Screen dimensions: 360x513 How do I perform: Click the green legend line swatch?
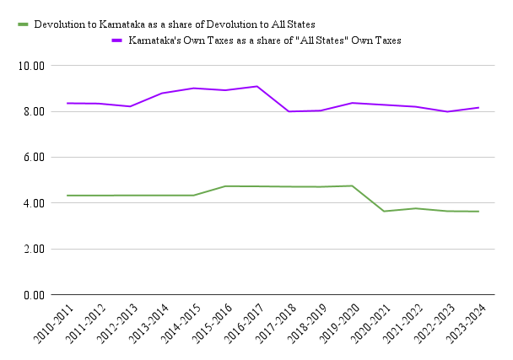tap(24, 24)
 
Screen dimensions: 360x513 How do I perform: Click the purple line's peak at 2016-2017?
tap(257, 86)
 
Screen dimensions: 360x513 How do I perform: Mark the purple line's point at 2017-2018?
tap(289, 111)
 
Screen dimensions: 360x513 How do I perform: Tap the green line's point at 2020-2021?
tap(384, 211)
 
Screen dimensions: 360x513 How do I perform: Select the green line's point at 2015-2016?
tap(225, 186)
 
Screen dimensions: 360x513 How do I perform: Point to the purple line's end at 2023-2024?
tap(478, 108)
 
